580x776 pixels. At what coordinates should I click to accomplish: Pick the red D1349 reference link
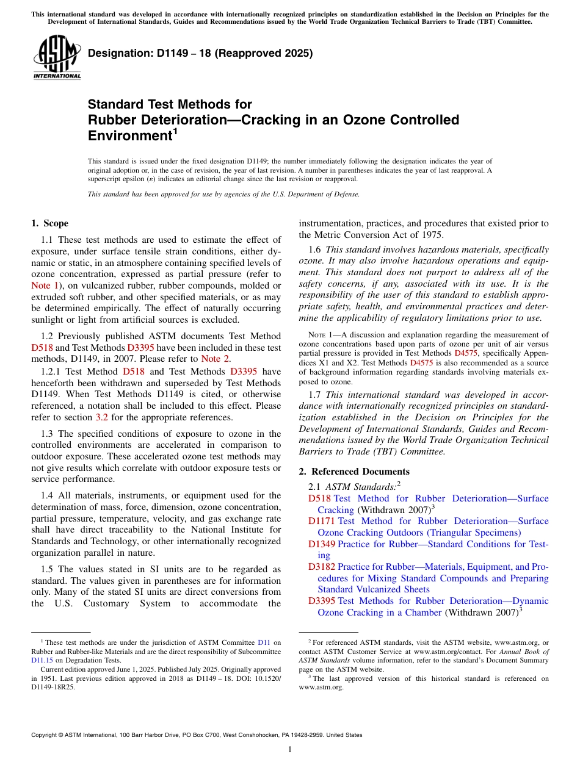321,544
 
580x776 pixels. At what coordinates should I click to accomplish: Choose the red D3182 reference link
321,567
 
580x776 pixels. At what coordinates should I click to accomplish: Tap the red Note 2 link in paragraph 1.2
215,359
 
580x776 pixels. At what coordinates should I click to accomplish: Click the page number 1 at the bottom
290,749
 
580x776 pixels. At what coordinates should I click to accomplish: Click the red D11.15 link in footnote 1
42,659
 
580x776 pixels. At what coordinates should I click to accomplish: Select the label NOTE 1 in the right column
320,335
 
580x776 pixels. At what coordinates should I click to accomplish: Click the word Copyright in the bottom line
45,735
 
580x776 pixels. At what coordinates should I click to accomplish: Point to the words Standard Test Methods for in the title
170,104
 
